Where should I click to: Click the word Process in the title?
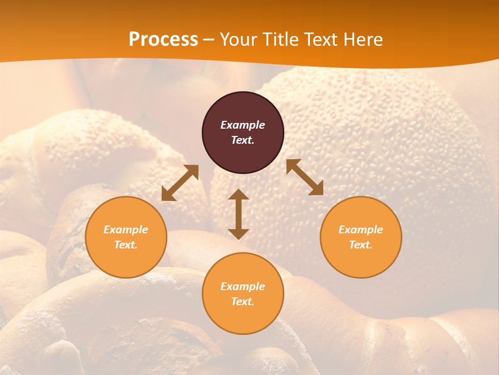pos(163,40)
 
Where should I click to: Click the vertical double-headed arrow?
pos(239,214)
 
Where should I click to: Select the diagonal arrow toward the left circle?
pos(180,183)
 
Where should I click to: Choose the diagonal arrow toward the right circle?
pos(305,177)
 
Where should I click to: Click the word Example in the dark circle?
pos(243,125)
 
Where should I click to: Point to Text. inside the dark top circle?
pos(243,140)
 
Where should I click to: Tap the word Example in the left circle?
pos(126,230)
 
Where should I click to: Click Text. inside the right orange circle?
pos(361,245)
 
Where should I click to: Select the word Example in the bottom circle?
pos(243,286)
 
